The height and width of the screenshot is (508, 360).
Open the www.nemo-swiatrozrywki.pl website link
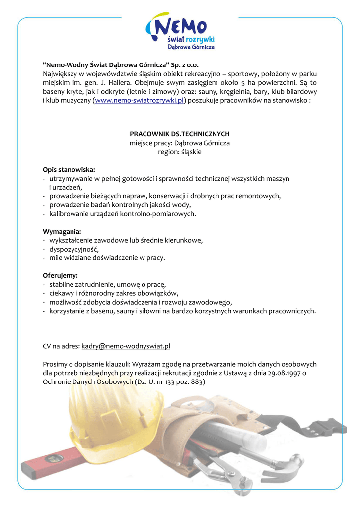(x=140, y=101)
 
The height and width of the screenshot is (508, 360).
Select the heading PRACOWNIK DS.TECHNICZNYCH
(x=180, y=134)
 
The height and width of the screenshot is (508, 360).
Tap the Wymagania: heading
(x=62, y=231)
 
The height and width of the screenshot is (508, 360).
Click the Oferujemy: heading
(x=61, y=275)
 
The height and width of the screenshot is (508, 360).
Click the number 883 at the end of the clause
(x=198, y=382)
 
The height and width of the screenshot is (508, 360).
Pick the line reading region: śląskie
(x=180, y=152)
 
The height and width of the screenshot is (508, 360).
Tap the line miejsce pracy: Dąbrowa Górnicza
(x=180, y=143)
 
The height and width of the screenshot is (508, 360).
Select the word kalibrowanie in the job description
(x=68, y=214)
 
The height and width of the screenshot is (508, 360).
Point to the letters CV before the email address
(x=47, y=346)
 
